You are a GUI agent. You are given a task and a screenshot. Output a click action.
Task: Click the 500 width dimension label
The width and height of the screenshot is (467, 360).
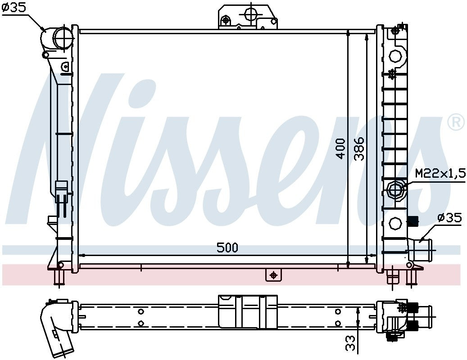point(227,247)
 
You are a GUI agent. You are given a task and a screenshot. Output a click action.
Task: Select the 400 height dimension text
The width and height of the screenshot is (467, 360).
point(341,148)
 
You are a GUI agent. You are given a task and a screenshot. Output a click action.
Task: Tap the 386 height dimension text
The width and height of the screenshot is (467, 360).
point(359,148)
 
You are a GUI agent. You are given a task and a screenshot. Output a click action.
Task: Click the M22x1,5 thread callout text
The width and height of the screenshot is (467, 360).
point(440,174)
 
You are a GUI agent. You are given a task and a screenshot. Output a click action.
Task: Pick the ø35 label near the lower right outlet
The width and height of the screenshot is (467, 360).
point(449,218)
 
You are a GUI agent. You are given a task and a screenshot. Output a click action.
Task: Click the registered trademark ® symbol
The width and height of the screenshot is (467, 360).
point(456,121)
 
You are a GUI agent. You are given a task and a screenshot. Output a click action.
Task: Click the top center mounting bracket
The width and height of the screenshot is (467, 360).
point(248,17)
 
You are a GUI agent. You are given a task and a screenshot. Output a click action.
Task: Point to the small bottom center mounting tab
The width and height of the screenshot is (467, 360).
point(273,274)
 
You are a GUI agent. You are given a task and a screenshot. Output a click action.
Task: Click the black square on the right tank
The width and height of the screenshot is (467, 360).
point(412,220)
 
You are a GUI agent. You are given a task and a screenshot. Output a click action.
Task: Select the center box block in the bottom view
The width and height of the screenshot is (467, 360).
point(248,311)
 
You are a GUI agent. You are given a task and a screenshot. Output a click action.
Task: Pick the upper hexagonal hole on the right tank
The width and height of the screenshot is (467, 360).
point(395,56)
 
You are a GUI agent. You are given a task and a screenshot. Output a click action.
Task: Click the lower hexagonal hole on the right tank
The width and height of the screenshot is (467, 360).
point(395,222)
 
